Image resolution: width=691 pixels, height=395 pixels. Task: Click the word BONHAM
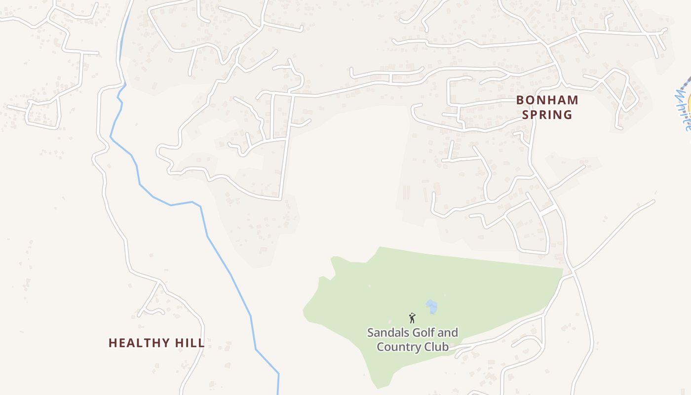547,100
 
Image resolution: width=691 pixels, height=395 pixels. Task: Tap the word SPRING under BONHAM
547,115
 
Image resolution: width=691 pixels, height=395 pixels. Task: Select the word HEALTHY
136,343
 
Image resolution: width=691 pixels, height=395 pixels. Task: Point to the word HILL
187,343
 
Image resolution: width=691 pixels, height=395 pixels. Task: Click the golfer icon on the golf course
412,318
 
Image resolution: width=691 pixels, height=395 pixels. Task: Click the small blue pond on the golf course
432,306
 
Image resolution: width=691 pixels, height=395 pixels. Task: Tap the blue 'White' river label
683,110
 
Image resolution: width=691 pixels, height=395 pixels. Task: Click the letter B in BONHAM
520,100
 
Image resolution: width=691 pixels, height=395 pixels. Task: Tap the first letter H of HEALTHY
112,343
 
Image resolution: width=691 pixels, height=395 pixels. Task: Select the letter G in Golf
415,332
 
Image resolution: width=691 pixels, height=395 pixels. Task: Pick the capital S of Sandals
371,332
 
